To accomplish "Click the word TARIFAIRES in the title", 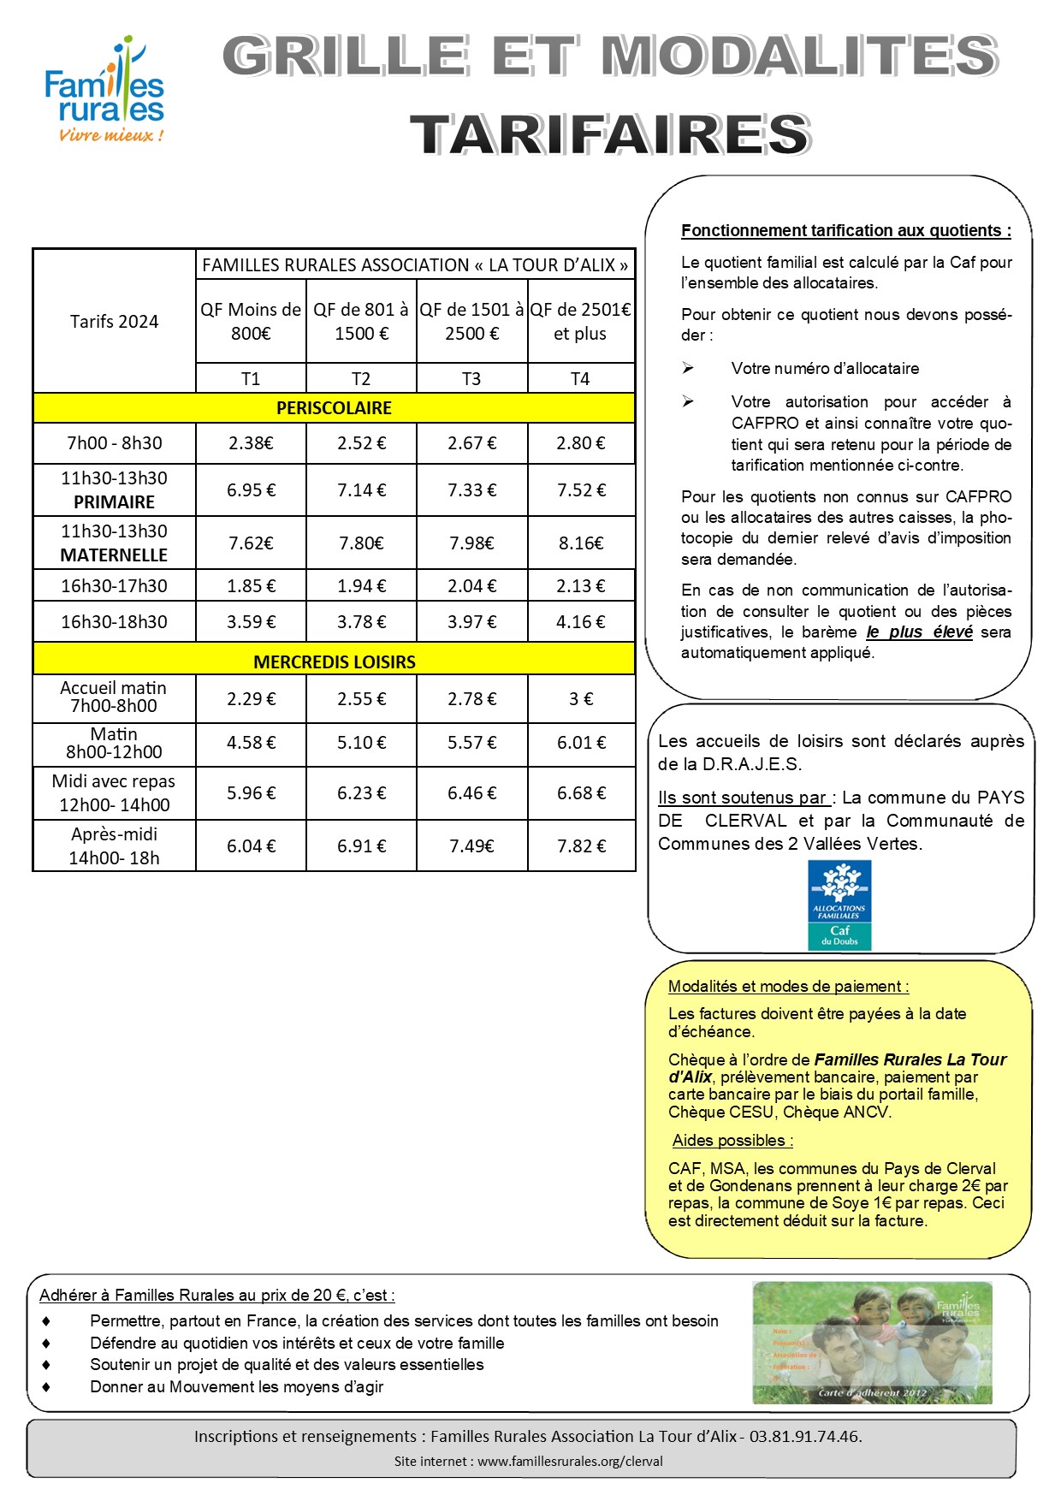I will pyautogui.click(x=609, y=135).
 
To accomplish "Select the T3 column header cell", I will pyautogui.click(x=471, y=378).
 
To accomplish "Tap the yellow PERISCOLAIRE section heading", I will pyautogui.click(x=334, y=408).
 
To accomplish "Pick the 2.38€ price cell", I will pyautogui.click(x=251, y=443).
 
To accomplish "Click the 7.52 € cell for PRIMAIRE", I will pyautogui.click(x=581, y=490).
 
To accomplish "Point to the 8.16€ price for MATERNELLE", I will pyautogui.click(x=581, y=543).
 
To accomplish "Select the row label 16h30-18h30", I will pyautogui.click(x=114, y=622).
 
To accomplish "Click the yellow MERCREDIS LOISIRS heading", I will pyautogui.click(x=334, y=662).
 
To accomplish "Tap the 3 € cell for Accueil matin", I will pyautogui.click(x=581, y=699).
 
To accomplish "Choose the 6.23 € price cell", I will pyautogui.click(x=361, y=793).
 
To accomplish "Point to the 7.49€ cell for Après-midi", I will pyautogui.click(x=471, y=846).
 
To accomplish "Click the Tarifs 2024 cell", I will pyautogui.click(x=114, y=322).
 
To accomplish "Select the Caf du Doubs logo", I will pyautogui.click(x=839, y=905).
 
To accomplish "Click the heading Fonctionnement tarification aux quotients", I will pyautogui.click(x=845, y=230).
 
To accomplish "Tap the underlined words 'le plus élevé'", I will pyautogui.click(x=919, y=632).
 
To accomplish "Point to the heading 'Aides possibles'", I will pyautogui.click(x=732, y=1141).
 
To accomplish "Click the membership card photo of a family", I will pyautogui.click(x=872, y=1343).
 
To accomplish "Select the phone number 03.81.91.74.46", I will pyautogui.click(x=805, y=1437).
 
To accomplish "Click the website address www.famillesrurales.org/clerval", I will pyautogui.click(x=570, y=1462).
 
